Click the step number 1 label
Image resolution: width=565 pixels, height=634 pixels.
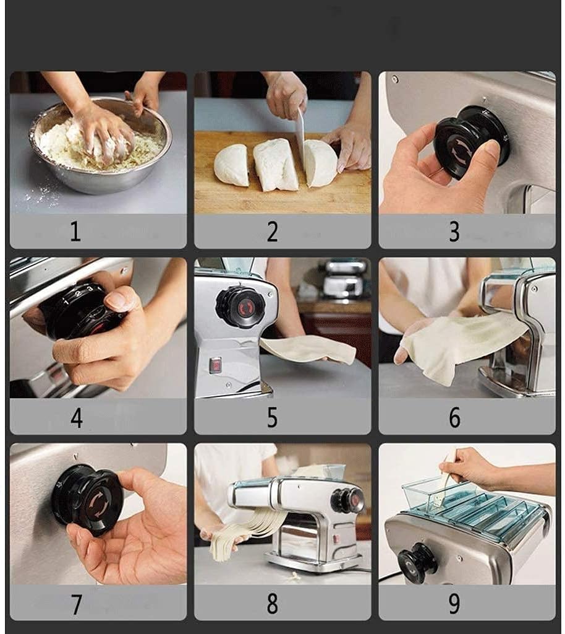(75, 232)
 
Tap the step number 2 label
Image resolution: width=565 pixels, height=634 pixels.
(273, 232)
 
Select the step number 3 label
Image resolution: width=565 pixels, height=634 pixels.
(454, 232)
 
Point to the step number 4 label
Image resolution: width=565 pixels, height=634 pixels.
(77, 418)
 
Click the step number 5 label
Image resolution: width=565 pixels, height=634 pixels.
(273, 417)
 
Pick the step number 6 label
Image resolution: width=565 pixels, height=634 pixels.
(455, 417)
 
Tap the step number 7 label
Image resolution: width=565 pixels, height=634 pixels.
(76, 604)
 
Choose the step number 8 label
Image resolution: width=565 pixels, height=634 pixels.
(273, 604)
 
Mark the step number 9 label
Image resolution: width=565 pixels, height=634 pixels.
(454, 604)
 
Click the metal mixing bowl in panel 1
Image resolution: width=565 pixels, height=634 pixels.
(101, 145)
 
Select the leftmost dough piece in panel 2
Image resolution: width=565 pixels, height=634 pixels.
(232, 165)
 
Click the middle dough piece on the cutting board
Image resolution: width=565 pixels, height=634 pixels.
(276, 165)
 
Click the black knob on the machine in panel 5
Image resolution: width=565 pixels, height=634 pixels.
(240, 306)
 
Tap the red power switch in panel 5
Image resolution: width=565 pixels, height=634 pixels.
(216, 365)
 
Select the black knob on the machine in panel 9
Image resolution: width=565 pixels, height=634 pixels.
(417, 560)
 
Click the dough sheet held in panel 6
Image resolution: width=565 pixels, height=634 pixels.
(460, 344)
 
